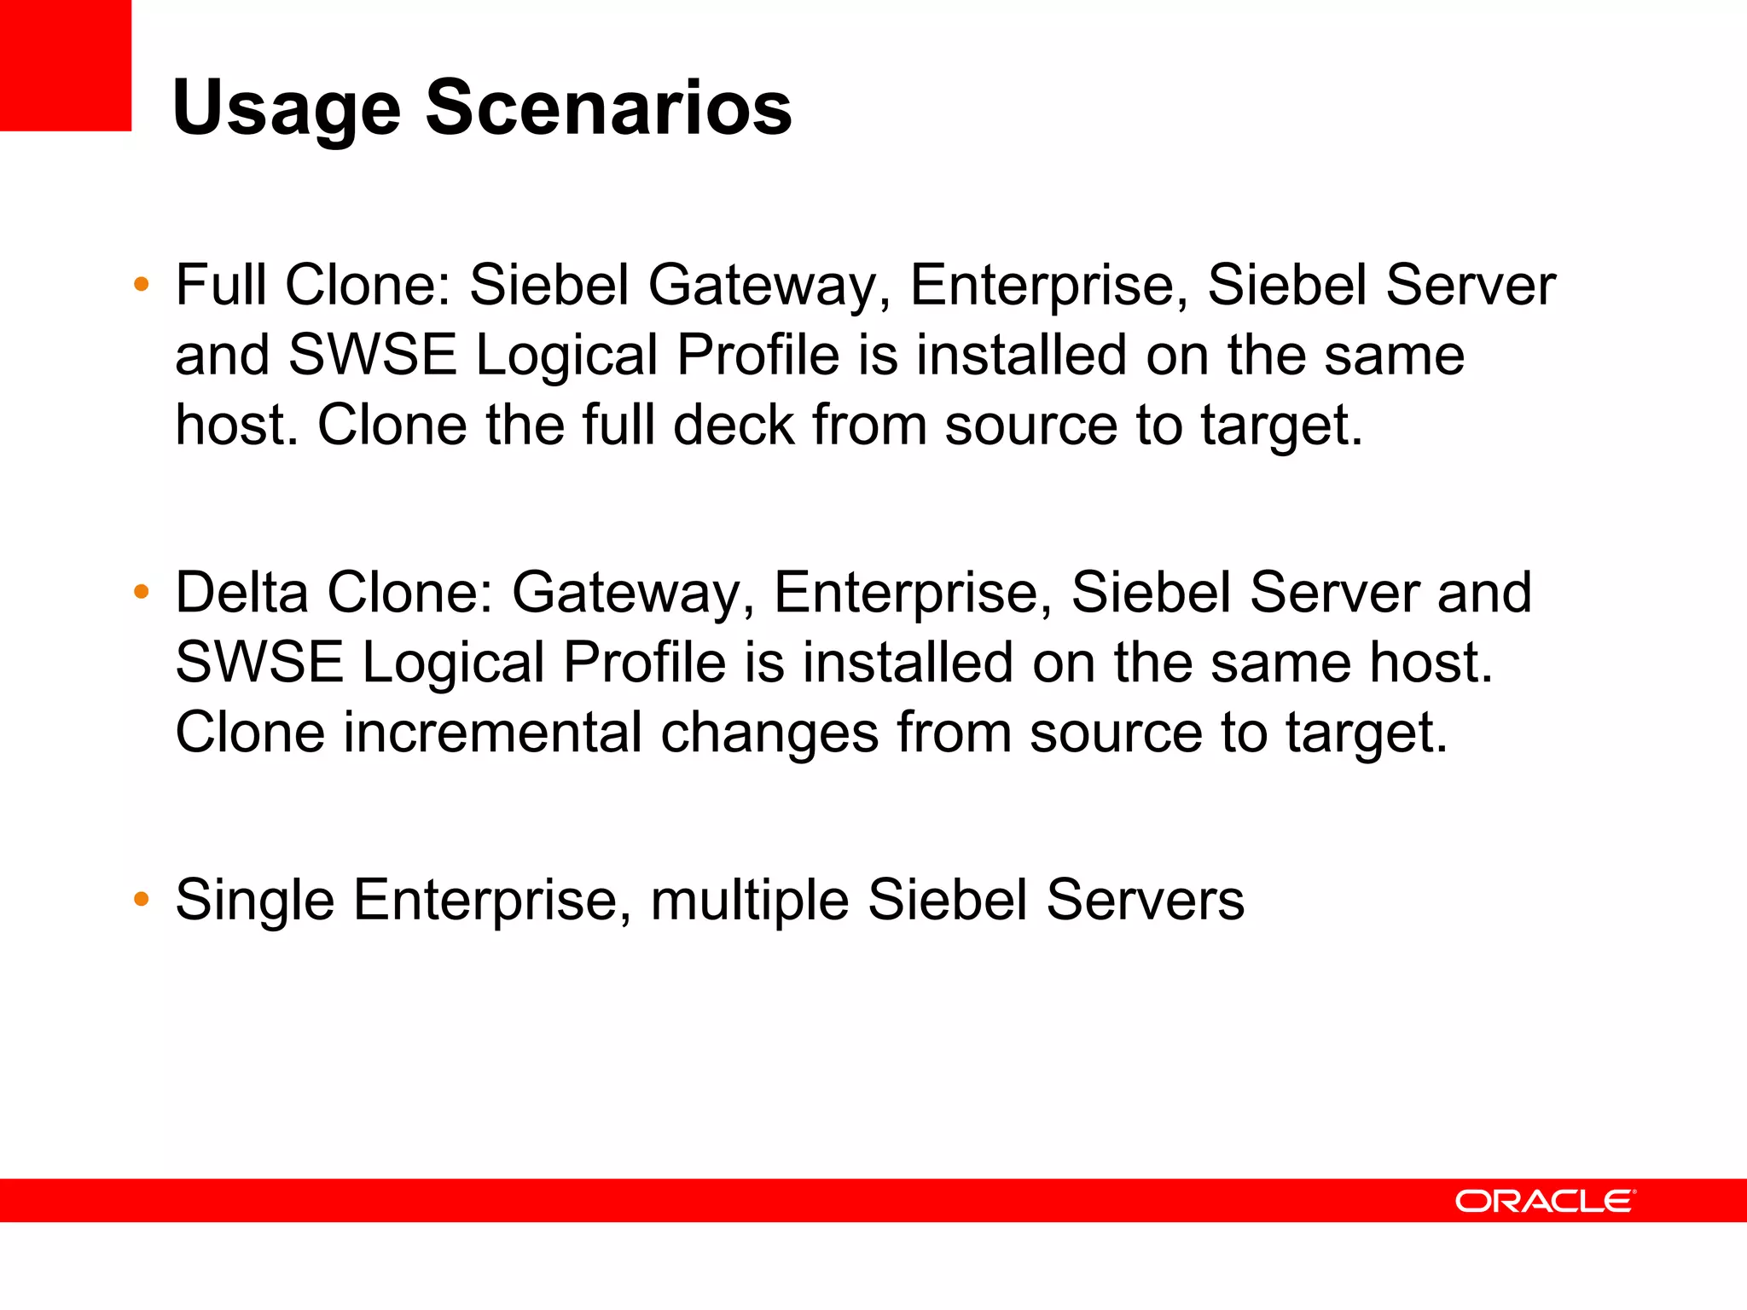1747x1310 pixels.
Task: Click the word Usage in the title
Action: click(286, 109)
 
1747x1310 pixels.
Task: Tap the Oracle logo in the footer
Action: click(1545, 1201)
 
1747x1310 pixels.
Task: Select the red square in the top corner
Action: click(65, 65)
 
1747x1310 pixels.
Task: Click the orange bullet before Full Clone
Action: click(142, 284)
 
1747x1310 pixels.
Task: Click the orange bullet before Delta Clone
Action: click(142, 591)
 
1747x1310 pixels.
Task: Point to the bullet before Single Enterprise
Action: click(142, 899)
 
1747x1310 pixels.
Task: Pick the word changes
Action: click(769, 733)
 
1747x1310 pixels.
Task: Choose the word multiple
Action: click(749, 901)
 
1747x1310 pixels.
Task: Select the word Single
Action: click(254, 901)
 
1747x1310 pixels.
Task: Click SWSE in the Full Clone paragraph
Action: click(372, 355)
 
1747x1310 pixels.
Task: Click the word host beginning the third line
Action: click(235, 425)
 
